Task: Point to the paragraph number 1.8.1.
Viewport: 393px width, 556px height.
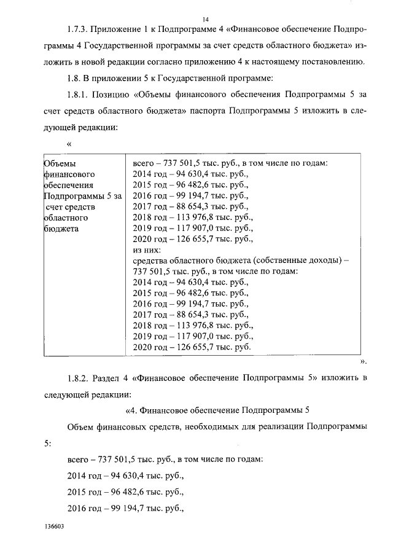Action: pos(79,94)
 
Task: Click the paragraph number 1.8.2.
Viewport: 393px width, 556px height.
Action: pos(79,377)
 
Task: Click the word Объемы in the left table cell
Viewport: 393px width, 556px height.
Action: pos(60,163)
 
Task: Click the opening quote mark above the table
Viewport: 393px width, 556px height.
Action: pos(69,143)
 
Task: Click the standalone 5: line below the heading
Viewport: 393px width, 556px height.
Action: pos(47,442)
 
